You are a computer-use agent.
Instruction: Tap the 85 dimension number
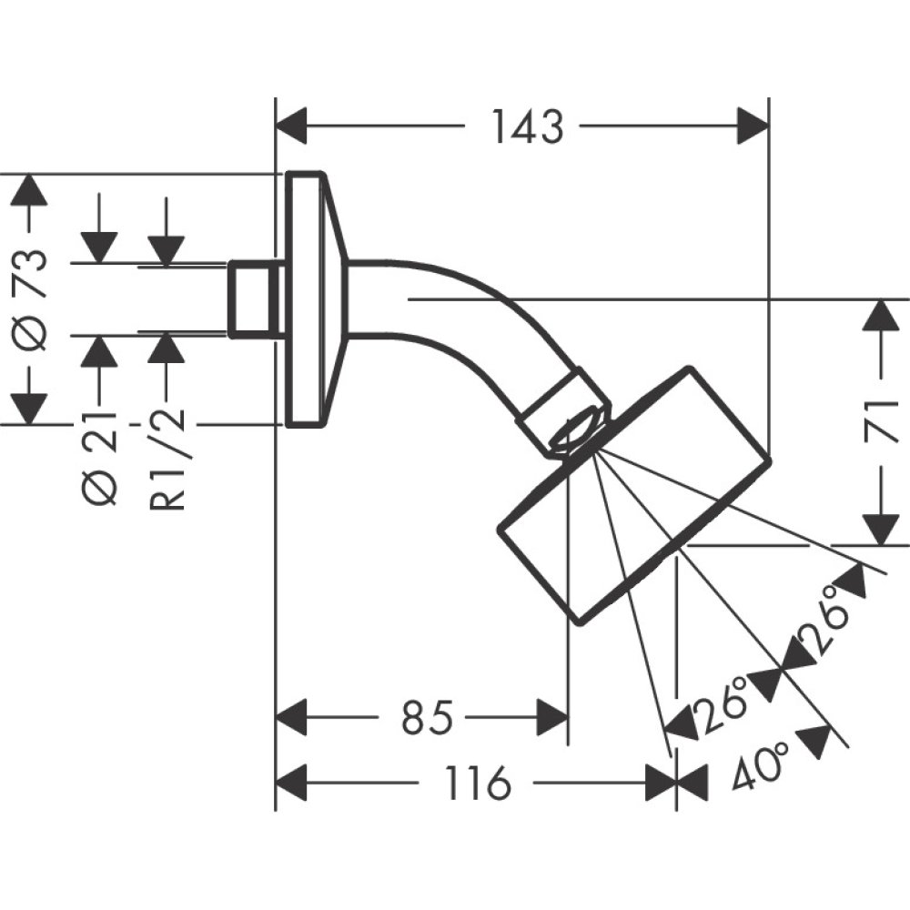click(427, 720)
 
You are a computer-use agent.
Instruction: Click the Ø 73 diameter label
click(32, 298)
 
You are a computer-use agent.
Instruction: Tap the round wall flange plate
click(306, 298)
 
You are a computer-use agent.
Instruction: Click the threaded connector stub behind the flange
click(252, 298)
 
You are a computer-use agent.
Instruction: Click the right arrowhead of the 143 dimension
click(753, 126)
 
